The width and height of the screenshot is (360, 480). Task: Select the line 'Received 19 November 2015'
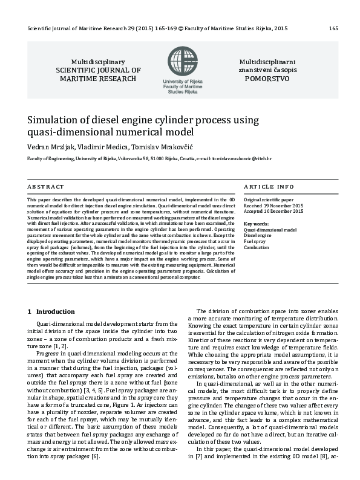pyautogui.click(x=273, y=205)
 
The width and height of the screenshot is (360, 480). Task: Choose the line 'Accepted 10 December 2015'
pyautogui.click(x=273, y=211)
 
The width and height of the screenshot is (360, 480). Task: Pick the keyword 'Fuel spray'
pyautogui.click(x=255, y=242)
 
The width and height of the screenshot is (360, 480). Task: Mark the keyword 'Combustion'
pyautogui.click(x=256, y=248)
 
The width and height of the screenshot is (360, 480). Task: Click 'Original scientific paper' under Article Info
pyautogui.click(x=268, y=199)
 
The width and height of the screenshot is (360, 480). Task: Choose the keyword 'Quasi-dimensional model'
pyautogui.click(x=270, y=230)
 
